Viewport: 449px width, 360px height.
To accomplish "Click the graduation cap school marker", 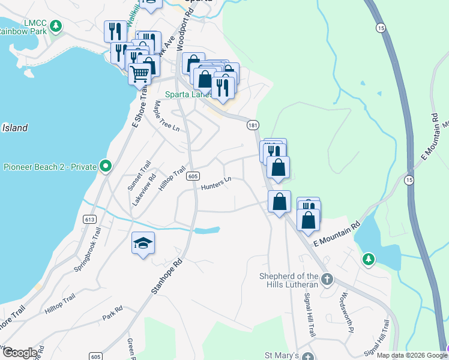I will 143,243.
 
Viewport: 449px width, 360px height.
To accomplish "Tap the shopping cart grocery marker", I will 139,75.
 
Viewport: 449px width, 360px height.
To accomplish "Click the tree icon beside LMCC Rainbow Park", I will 55,26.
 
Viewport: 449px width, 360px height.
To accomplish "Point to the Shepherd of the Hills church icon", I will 327,280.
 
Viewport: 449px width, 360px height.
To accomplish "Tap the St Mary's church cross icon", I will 307,356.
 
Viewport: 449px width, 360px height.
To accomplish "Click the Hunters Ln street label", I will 216,183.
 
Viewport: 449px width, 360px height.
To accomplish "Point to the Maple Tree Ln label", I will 166,116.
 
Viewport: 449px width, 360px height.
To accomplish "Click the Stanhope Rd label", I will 167,277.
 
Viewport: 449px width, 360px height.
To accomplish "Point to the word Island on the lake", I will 14,128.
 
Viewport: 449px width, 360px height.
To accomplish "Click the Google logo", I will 19,352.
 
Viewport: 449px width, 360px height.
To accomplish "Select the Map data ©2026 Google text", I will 411,355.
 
